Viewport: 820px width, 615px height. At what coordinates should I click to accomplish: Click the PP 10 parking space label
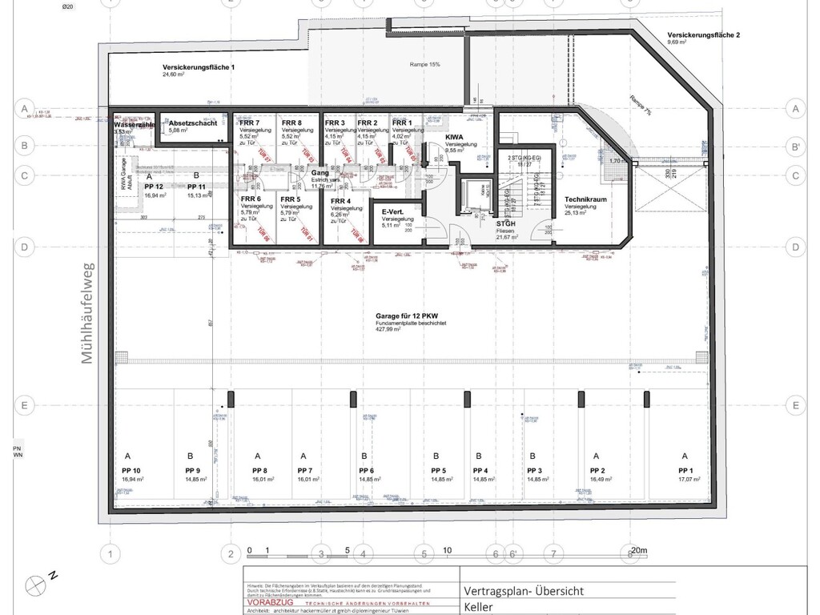click(x=131, y=470)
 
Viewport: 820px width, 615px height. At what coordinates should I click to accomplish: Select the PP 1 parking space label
click(x=684, y=470)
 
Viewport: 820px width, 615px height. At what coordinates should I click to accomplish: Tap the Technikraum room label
click(x=583, y=199)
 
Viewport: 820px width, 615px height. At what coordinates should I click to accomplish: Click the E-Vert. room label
click(x=392, y=212)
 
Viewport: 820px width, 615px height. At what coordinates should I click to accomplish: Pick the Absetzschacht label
click(x=193, y=123)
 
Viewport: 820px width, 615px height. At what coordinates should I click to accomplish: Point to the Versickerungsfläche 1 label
click(x=199, y=67)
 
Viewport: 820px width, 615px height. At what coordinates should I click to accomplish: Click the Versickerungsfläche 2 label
click(x=704, y=35)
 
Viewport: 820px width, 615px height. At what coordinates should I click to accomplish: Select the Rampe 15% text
click(x=425, y=63)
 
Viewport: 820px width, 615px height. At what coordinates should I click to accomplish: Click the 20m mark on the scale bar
click(x=638, y=551)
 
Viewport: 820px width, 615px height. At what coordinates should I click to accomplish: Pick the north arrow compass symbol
click(x=36, y=584)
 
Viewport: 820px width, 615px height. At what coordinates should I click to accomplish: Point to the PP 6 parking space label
click(x=367, y=470)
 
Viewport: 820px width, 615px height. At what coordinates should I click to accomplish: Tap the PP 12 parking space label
click(x=154, y=186)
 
